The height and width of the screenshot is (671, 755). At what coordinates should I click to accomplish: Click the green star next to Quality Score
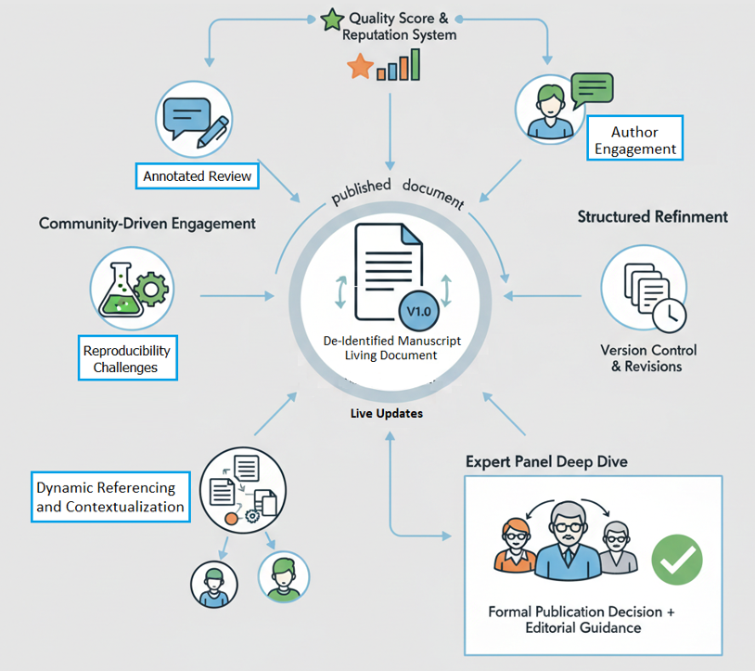click(331, 19)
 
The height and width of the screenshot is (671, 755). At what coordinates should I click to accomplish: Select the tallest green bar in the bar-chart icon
click(415, 63)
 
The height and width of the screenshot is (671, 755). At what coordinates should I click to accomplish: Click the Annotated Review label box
click(198, 175)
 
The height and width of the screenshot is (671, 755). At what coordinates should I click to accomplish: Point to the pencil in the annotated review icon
click(213, 130)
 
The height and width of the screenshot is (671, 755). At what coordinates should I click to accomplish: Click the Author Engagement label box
click(635, 140)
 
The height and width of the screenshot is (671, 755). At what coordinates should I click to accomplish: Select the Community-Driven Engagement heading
click(147, 224)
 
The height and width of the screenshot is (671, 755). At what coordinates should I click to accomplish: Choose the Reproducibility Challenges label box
click(127, 359)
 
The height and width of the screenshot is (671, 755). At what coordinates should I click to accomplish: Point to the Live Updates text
click(386, 413)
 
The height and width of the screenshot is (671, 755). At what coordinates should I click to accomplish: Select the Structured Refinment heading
click(653, 217)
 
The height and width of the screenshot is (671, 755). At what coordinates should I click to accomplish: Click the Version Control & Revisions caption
click(647, 358)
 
